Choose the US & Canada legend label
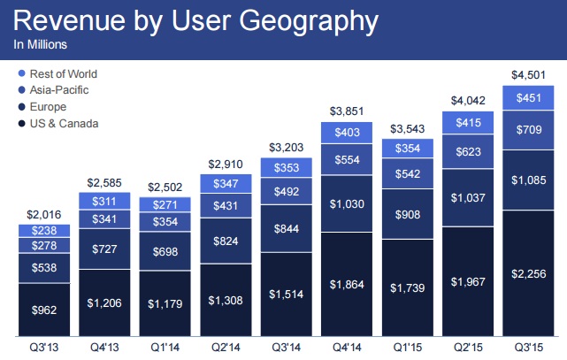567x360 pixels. point(65,123)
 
